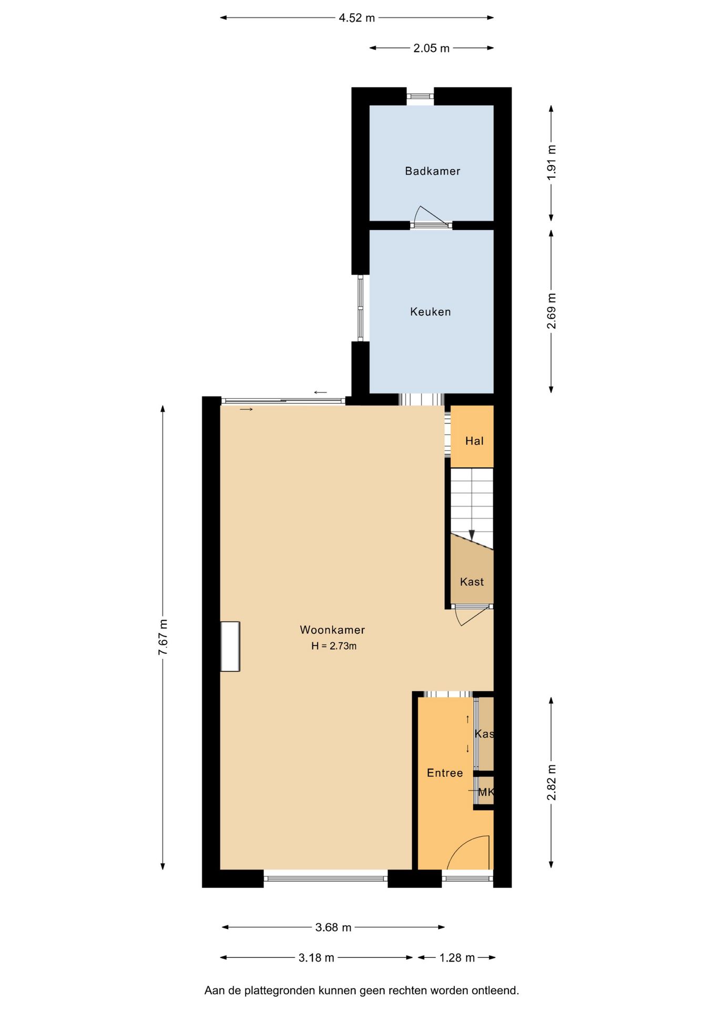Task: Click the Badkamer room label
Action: pos(432,171)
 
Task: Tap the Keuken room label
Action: pos(430,312)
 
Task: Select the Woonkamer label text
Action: pos(332,630)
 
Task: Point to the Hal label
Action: pos(474,441)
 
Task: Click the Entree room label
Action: pos(445,773)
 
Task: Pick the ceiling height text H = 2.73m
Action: pos(334,646)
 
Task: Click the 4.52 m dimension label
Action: pos(356,18)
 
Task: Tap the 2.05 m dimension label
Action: pos(431,48)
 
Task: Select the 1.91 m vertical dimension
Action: pos(552,163)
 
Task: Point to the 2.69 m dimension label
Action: pos(552,311)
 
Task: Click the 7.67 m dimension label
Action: pos(163,637)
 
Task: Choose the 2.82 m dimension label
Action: pos(552,782)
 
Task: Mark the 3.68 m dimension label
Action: pos(333,927)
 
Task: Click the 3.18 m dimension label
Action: pos(317,958)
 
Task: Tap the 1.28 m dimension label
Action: pos(457,958)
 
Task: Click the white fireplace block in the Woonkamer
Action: pos(230,647)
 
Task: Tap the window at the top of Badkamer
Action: pos(420,96)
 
